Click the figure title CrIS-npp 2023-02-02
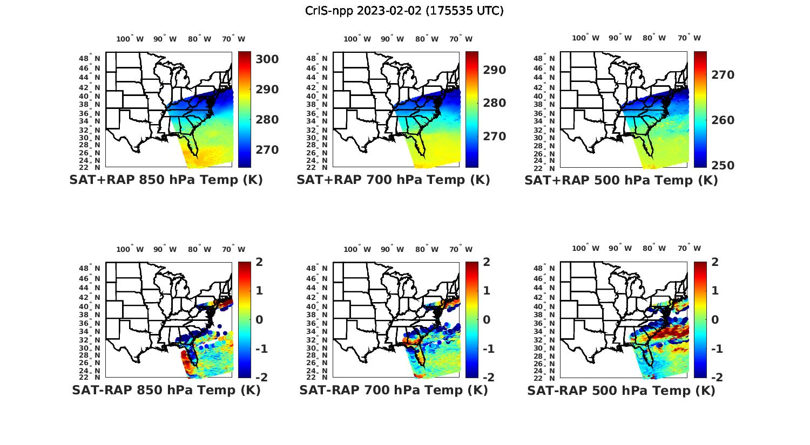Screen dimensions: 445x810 404,11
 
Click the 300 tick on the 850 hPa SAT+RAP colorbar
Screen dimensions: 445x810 267,59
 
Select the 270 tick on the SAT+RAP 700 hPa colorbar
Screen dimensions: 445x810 494,136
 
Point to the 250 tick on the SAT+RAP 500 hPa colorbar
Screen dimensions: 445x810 722,166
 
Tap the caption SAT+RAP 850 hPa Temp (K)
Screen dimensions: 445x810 166,180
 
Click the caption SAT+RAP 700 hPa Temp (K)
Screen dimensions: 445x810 393,180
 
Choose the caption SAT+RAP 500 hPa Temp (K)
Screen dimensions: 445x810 621,181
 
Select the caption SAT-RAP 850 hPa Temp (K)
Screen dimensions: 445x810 166,391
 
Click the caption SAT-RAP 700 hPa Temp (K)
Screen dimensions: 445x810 393,391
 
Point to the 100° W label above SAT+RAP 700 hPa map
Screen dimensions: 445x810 357,39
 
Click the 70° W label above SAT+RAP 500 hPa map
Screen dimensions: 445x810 689,38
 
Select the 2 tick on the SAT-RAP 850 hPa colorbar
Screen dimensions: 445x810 260,263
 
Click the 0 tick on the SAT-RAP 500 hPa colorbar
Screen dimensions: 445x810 715,319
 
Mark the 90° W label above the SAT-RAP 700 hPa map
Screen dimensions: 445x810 392,249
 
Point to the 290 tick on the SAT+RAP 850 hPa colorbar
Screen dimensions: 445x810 267,90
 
